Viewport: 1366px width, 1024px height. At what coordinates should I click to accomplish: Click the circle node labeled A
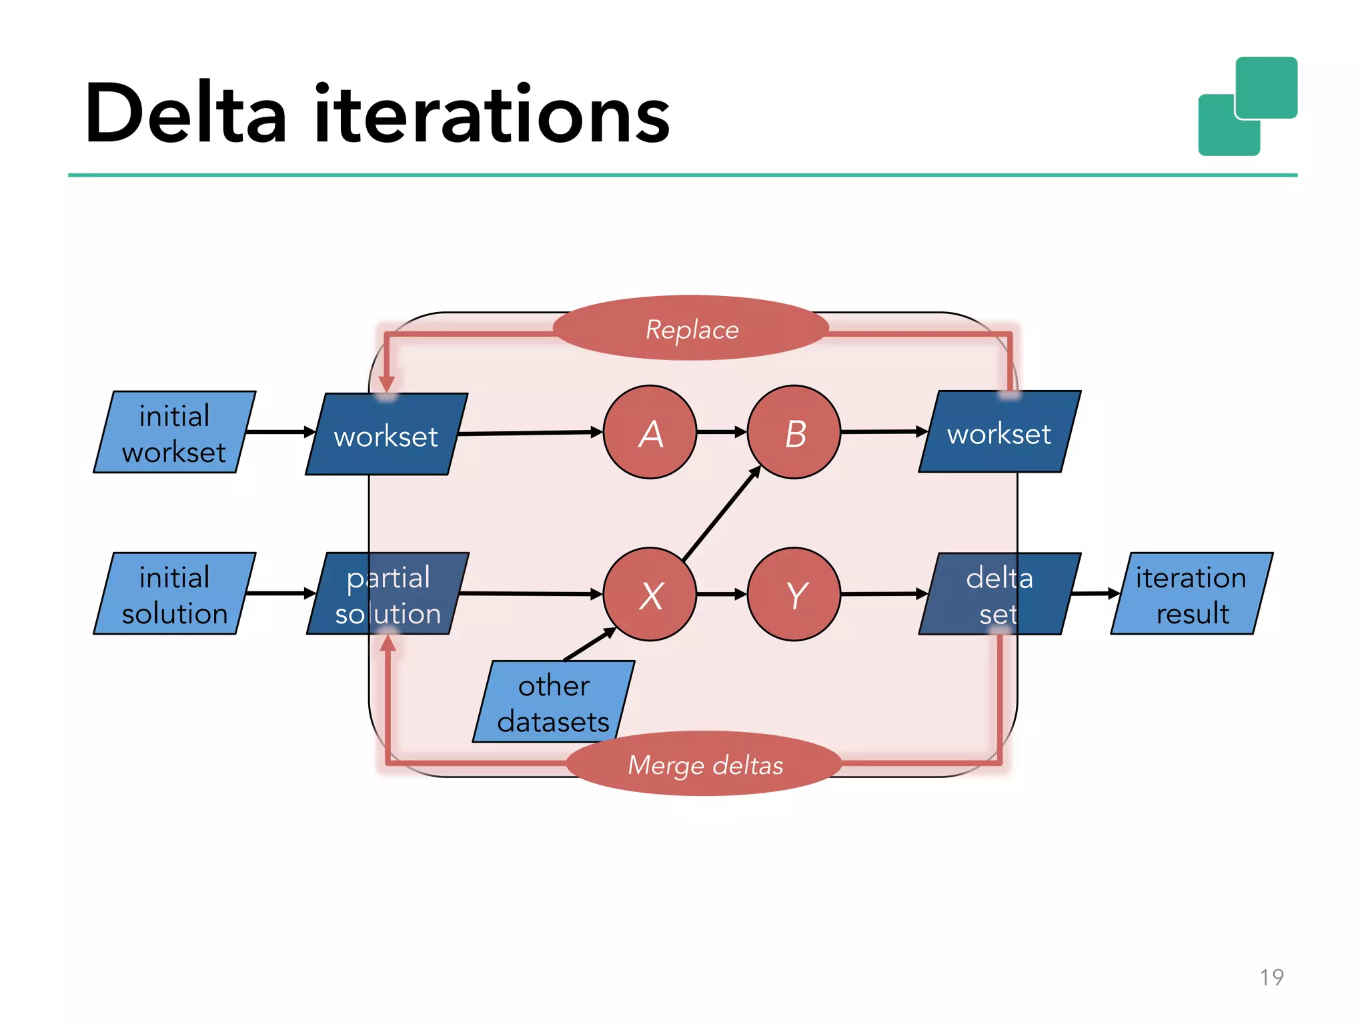click(x=650, y=432)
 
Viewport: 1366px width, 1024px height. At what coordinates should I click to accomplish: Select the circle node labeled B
click(x=794, y=432)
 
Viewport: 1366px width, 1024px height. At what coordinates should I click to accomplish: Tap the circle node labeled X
click(x=650, y=594)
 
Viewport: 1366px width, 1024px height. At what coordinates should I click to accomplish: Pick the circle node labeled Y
click(x=794, y=594)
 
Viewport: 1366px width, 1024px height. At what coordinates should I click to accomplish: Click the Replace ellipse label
click(x=691, y=329)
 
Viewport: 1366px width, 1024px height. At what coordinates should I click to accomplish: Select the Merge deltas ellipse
click(x=704, y=764)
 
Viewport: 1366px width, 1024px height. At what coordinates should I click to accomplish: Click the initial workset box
click(x=174, y=433)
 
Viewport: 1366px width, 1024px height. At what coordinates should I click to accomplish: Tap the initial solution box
click(x=174, y=594)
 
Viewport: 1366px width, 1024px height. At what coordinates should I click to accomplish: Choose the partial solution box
click(x=388, y=594)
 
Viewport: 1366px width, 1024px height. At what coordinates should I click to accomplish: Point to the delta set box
click(x=999, y=594)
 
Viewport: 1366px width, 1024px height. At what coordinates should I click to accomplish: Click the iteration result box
click(x=1191, y=594)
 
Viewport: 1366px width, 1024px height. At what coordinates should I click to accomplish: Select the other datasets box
click(x=554, y=702)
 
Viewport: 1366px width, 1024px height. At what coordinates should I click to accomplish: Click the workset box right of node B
click(x=999, y=433)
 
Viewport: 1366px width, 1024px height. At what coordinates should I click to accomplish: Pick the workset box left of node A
click(x=386, y=435)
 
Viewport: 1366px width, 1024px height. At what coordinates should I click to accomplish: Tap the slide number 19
click(x=1271, y=977)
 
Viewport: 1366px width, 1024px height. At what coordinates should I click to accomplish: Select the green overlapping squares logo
click(x=1247, y=107)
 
